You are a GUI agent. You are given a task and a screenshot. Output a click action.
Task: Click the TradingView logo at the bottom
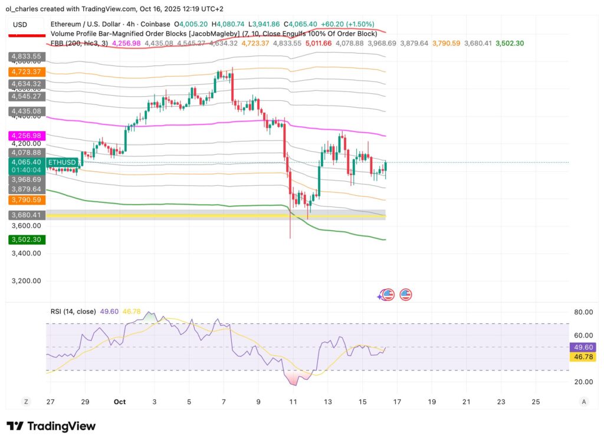point(51,426)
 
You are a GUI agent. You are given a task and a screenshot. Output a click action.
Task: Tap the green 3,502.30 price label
point(27,240)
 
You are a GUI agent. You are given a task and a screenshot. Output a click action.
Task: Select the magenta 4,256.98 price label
point(27,136)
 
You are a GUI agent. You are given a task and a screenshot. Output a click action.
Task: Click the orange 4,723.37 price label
point(27,71)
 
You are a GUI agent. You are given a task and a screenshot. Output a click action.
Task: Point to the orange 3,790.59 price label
point(27,200)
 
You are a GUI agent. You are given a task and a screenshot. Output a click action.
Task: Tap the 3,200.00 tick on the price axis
point(27,281)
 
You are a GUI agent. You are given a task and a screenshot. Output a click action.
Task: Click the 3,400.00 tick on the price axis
point(27,254)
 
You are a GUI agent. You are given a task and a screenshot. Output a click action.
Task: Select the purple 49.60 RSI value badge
point(582,347)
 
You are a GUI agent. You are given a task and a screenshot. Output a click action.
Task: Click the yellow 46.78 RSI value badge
point(582,357)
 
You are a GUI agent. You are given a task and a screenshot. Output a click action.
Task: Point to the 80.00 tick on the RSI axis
point(583,312)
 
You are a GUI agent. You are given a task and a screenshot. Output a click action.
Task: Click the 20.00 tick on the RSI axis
point(583,382)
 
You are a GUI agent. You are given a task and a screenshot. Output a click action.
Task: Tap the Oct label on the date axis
point(119,402)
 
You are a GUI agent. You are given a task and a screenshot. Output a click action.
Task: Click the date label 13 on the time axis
point(327,402)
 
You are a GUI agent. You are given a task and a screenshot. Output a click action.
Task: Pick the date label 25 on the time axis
point(535,402)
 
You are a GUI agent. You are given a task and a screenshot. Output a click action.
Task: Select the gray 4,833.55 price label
point(27,57)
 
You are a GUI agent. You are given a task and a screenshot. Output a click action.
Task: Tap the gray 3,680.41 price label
point(27,215)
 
